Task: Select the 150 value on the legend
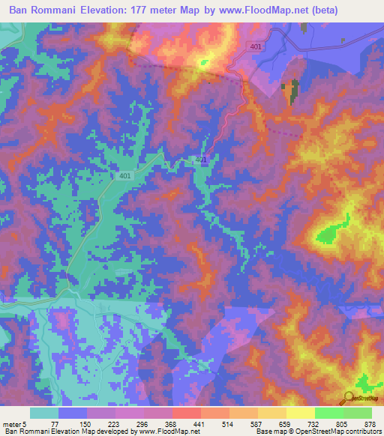tap(86, 424)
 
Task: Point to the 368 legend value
tap(172, 424)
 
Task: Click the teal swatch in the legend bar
tap(44, 413)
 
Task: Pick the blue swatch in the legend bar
tap(73, 413)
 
